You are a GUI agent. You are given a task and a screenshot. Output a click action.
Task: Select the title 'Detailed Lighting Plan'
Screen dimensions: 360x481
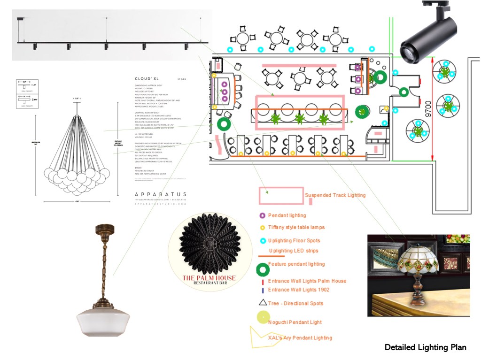tap(425, 347)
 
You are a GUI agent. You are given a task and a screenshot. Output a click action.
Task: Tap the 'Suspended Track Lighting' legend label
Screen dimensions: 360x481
tap(335, 195)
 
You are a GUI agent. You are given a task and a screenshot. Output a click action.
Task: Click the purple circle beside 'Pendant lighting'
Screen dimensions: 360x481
tap(262, 216)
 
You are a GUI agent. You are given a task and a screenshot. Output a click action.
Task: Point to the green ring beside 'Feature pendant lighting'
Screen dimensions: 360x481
tap(263, 269)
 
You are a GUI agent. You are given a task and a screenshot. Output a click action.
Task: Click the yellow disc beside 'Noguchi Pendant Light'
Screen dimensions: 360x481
tap(263, 318)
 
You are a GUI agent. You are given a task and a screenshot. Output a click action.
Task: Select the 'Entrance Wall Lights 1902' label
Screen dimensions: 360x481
tap(298, 290)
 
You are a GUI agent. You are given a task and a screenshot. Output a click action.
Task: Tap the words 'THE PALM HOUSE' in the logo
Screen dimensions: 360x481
tap(209, 278)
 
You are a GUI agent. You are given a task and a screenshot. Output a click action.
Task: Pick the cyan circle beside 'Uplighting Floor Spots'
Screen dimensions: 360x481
tap(263, 241)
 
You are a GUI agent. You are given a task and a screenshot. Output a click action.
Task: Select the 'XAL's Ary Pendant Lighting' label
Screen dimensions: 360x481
tap(300, 337)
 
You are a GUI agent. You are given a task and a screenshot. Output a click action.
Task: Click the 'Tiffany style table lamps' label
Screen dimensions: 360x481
tap(296, 227)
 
